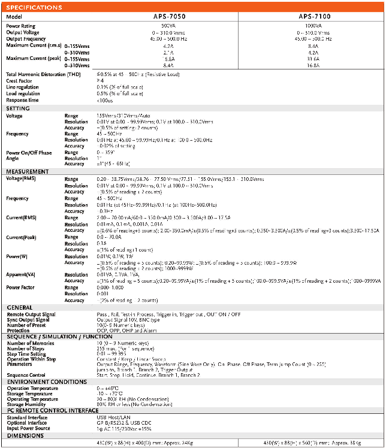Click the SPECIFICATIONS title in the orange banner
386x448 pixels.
click(35, 8)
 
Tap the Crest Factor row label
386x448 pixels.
click(20, 80)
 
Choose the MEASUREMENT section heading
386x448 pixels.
click(28, 172)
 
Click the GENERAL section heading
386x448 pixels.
click(19, 307)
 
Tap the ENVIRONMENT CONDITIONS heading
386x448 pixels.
click(47, 382)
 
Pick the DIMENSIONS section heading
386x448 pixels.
click(25, 437)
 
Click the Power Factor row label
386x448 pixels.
click(22, 287)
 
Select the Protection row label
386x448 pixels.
click(18, 329)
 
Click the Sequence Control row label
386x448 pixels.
click(27, 375)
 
